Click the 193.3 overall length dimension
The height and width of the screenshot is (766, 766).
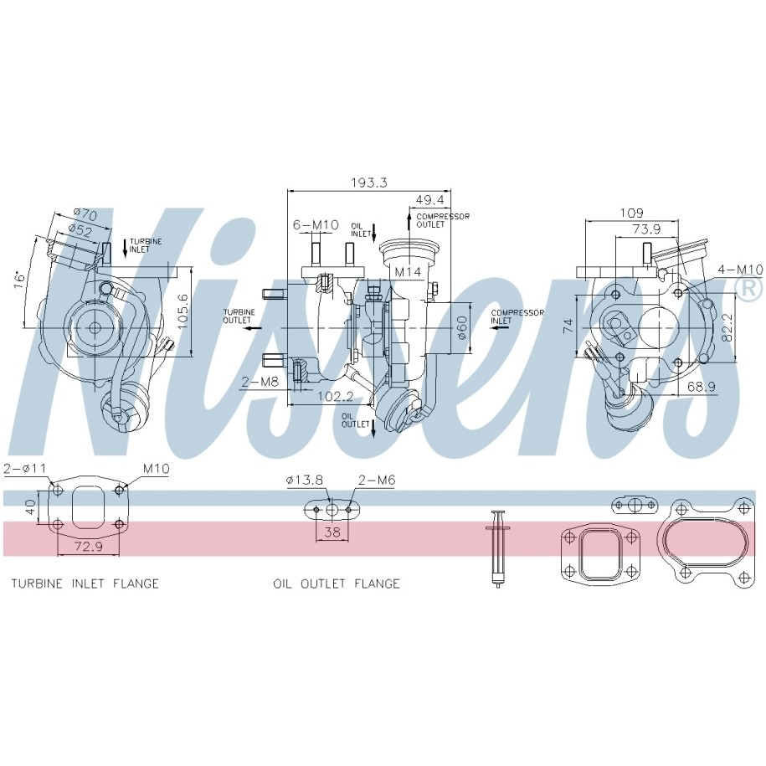[369, 183]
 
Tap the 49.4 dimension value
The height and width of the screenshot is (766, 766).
[430, 200]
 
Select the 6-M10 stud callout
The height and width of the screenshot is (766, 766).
[316, 224]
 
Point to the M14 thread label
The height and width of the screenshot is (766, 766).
[408, 272]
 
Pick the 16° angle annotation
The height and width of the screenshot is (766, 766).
[19, 280]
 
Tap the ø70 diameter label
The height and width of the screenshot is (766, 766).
[86, 214]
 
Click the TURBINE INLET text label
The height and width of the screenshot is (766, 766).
[146, 245]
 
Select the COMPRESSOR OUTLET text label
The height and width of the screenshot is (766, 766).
[443, 220]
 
